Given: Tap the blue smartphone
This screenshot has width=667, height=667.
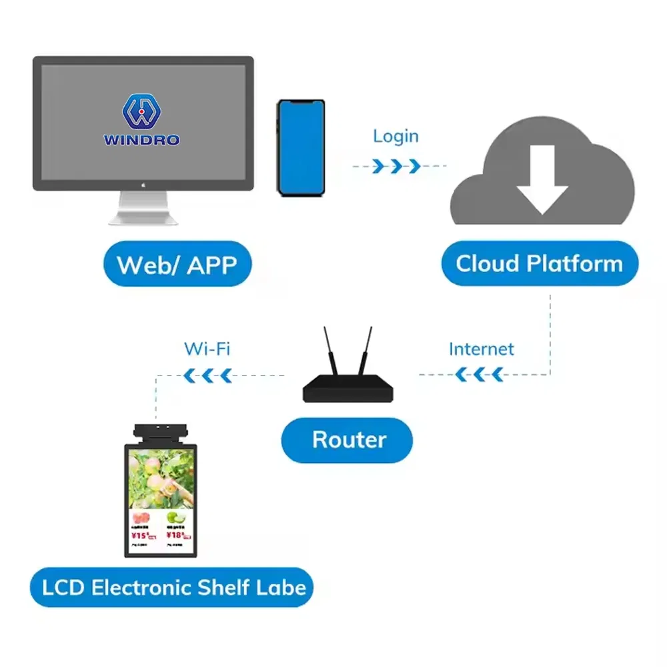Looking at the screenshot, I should pos(301,148).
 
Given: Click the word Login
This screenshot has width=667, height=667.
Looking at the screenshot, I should pos(396,136).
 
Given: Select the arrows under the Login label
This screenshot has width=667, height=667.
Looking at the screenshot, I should pos(396,165).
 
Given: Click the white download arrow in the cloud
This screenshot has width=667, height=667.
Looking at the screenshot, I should pos(542,179).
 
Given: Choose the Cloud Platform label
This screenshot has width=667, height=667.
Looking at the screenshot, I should pos(539,263).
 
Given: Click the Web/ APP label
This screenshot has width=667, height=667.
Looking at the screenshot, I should pos(177,264).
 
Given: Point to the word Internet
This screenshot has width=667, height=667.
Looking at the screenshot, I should pos(481,349).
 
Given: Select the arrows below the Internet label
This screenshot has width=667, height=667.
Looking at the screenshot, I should pos(480,375).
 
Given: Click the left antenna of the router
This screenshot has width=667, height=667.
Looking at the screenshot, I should pos(331,350).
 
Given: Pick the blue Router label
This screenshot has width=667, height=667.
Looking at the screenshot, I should pos(348,440).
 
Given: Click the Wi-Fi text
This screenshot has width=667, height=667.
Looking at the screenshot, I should pos(207,348).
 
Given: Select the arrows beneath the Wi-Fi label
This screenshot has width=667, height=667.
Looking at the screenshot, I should pos(208,375).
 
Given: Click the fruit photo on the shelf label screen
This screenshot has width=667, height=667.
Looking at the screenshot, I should pos(161,476).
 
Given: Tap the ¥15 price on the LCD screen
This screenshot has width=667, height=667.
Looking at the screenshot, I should pos(142,535).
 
